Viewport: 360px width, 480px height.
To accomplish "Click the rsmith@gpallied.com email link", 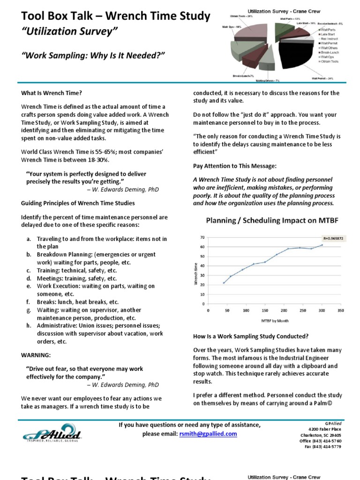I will point(208,434).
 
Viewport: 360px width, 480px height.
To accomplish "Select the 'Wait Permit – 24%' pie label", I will point(323,78).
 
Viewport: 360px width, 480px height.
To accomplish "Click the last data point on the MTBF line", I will point(322,245).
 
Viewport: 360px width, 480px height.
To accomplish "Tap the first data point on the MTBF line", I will point(224,283).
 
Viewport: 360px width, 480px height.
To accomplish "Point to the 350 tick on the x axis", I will point(341,310).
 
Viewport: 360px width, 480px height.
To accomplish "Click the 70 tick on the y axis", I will point(202,237).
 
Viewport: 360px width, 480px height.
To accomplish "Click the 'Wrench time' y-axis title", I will point(195,273).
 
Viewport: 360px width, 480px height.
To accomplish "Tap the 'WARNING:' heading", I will point(35,355).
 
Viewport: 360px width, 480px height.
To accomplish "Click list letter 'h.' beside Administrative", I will point(28,326).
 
